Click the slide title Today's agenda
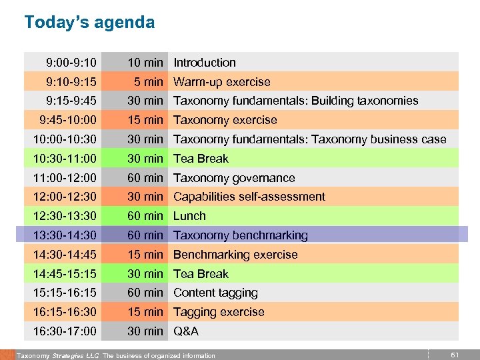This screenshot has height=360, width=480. pyautogui.click(x=89, y=23)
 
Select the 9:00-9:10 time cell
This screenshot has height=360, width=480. pyautogui.click(x=71, y=63)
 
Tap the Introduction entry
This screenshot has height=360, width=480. pyautogui.click(x=205, y=63)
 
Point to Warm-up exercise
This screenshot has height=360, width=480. pyautogui.click(x=222, y=82)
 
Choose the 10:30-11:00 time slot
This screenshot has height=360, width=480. pyautogui.click(x=65, y=159)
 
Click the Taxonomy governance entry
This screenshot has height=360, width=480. pyautogui.click(x=234, y=178)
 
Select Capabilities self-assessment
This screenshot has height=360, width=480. pyautogui.click(x=249, y=197)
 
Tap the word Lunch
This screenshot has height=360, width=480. pyautogui.click(x=190, y=216)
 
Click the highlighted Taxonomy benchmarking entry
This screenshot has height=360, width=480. pyautogui.click(x=241, y=235)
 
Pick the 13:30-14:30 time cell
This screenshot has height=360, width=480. pyautogui.click(x=65, y=235)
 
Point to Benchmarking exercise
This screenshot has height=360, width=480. pyautogui.click(x=235, y=255)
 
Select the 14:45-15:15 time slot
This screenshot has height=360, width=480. pyautogui.click(x=65, y=274)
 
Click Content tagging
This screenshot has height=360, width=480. pyautogui.click(x=215, y=293)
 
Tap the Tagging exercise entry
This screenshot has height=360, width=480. pyautogui.click(x=219, y=312)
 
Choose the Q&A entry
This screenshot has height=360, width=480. pyautogui.click(x=186, y=331)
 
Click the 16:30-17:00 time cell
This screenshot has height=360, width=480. pyautogui.click(x=65, y=331)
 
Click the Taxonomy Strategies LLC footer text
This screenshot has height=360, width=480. pyautogui.click(x=57, y=355)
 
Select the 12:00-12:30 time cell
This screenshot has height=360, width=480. pyautogui.click(x=65, y=197)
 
